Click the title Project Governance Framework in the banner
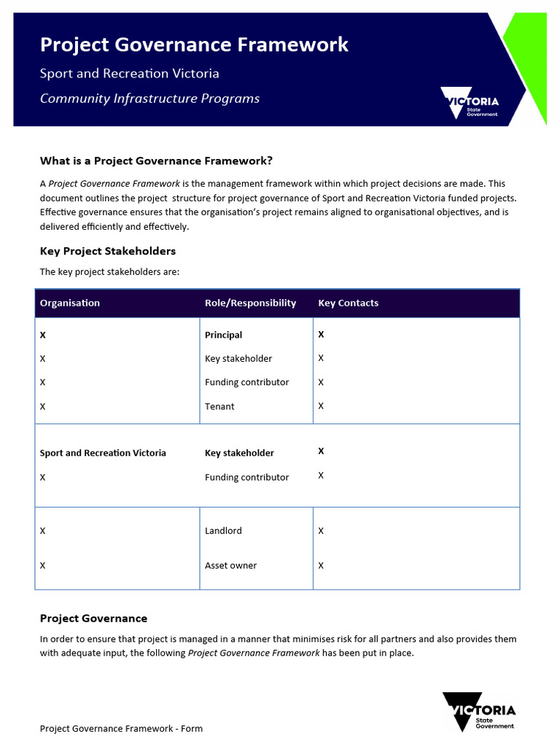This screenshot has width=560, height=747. point(194,45)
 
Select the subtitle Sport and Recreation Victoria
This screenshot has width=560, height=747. point(129,74)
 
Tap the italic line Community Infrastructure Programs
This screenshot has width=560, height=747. point(149,98)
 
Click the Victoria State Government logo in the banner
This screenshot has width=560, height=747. point(470,103)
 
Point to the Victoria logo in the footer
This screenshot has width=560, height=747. point(478,712)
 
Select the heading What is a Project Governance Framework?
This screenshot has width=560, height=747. point(156,161)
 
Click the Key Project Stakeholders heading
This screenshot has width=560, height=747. point(108,252)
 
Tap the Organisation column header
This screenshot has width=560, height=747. point(70,303)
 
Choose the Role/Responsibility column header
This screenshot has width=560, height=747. point(250,303)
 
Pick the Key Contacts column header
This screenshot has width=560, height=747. point(348,303)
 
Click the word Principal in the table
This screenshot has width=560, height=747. point(223,336)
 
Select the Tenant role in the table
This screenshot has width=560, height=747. point(219,406)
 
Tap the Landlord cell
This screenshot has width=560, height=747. point(223,531)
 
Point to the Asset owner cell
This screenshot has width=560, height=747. point(230,565)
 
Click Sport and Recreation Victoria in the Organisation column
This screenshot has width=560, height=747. point(103,453)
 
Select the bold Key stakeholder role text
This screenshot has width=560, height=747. point(239,453)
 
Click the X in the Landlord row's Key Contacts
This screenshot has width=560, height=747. point(321,531)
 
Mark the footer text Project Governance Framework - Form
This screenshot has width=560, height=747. point(121,729)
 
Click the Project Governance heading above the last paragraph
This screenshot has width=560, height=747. point(93,619)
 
